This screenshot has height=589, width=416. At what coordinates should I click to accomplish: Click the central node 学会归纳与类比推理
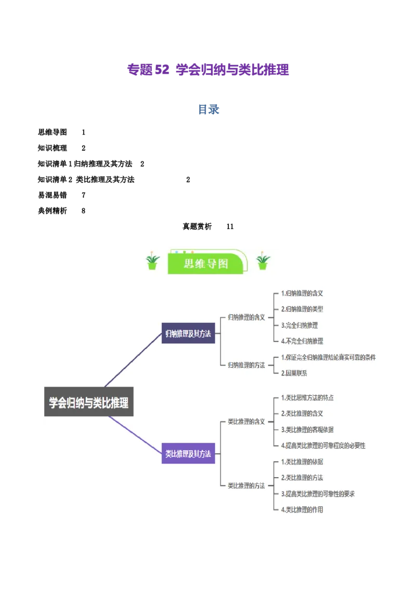[x=88, y=402]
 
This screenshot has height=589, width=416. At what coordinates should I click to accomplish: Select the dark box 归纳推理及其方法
[x=188, y=334]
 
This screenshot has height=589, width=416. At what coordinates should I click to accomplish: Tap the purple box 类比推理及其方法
[x=188, y=454]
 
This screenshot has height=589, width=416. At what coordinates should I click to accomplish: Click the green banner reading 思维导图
[x=206, y=263]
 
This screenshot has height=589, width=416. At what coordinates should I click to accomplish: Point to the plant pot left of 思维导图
[x=152, y=261]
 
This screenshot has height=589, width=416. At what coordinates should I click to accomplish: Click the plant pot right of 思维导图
[x=263, y=261]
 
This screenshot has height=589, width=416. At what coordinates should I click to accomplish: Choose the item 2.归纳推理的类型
[x=302, y=309]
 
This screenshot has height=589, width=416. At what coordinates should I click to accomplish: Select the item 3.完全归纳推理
[x=300, y=325]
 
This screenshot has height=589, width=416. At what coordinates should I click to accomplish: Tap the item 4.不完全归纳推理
[x=302, y=341]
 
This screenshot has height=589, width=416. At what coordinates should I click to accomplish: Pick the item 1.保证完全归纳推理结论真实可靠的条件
[x=328, y=357]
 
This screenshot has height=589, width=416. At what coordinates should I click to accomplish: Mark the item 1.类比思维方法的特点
[x=307, y=398]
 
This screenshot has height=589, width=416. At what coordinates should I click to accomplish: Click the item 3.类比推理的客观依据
[x=307, y=430]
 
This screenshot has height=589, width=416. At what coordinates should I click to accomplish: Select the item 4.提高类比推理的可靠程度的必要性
[x=323, y=445]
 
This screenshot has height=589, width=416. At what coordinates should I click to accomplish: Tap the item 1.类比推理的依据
[x=302, y=462]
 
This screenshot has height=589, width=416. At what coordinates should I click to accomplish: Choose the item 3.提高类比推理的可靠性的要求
[x=318, y=494]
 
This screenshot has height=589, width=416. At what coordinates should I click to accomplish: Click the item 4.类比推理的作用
[x=302, y=510]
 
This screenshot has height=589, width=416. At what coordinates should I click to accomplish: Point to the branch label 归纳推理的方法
[x=246, y=365]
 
